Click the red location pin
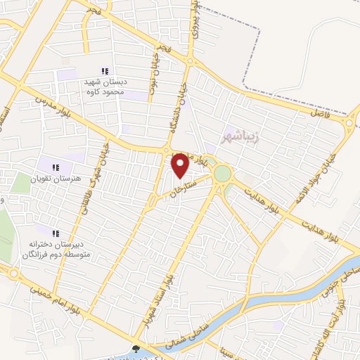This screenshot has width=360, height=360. coord(181,165)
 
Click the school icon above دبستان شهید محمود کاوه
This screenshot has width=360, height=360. coord(105,70)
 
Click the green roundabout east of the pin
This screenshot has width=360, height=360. coord(222,173)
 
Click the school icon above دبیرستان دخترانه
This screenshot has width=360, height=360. coord(55,233)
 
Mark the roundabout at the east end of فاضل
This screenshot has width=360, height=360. coord(349,124)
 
